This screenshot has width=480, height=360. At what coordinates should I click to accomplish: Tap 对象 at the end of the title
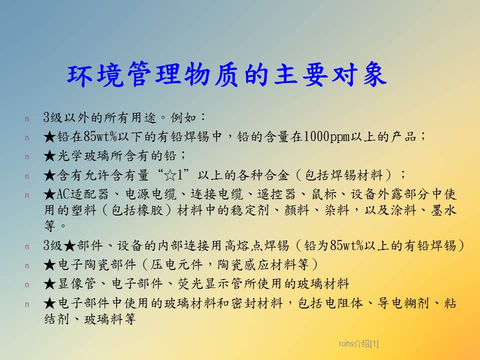click(x=359, y=74)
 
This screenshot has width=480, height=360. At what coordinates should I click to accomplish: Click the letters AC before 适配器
click(x=63, y=194)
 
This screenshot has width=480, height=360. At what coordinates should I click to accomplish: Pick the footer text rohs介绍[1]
click(x=358, y=344)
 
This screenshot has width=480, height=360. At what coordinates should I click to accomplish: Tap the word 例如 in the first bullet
click(x=183, y=117)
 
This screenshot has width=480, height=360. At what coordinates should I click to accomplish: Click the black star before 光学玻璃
click(x=49, y=156)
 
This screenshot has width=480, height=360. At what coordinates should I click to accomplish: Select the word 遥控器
click(x=276, y=194)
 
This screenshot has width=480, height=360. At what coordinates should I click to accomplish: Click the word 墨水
click(x=443, y=210)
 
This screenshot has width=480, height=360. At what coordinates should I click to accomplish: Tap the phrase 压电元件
click(x=176, y=264)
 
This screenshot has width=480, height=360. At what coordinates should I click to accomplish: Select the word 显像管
click(x=76, y=284)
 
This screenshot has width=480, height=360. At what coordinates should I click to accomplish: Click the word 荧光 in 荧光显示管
click(x=190, y=284)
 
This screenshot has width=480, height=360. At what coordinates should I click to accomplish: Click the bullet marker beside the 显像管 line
click(x=27, y=285)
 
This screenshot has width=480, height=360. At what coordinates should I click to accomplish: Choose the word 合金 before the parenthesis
click(x=276, y=175)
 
